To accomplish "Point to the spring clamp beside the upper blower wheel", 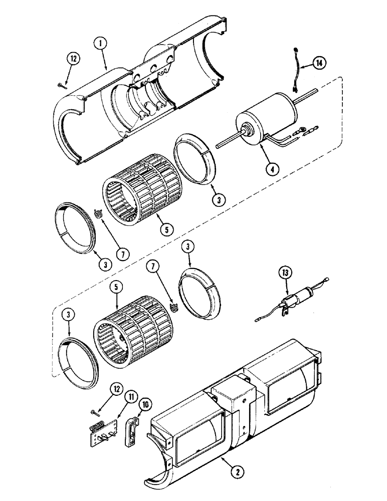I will pyautogui.click(x=98, y=214).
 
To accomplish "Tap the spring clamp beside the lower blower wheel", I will pyautogui.click(x=173, y=306).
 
